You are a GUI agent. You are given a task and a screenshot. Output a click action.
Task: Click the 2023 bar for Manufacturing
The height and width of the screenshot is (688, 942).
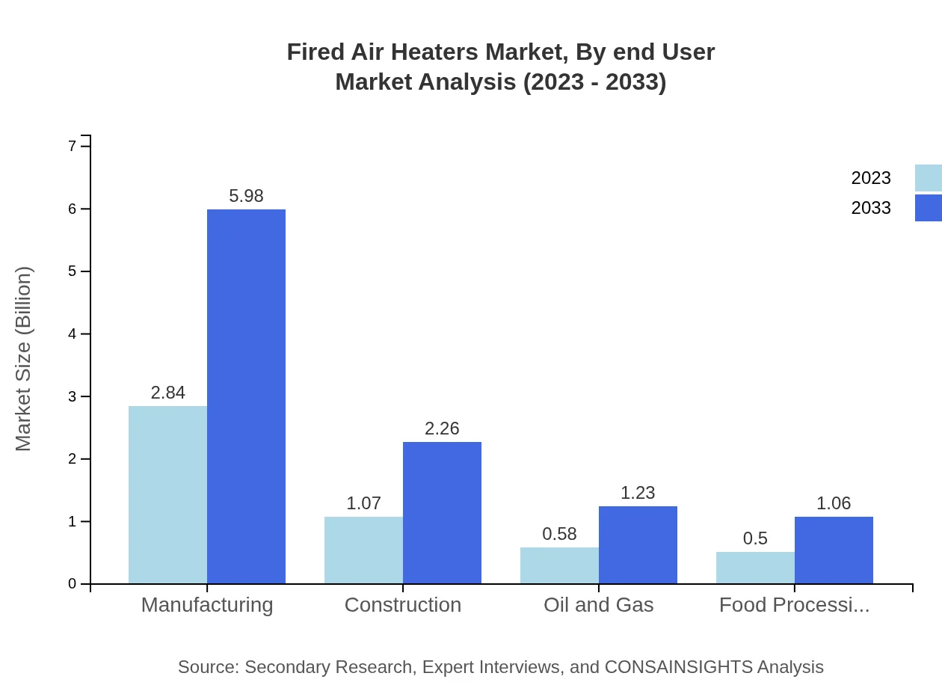pos(167,494)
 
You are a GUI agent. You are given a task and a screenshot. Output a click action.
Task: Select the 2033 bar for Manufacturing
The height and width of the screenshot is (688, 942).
pos(246,396)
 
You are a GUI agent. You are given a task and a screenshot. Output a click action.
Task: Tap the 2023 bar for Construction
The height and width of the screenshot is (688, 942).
pos(363,550)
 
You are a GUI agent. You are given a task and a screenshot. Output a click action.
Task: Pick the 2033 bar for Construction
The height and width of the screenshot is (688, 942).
pos(442,512)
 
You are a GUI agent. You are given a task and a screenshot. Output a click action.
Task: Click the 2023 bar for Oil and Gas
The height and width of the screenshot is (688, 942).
pos(559,565)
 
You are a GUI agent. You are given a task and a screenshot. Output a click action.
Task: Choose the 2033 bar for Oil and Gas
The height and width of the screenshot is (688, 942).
pos(638,544)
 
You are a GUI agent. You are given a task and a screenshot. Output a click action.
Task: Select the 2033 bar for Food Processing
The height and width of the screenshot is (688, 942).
pos(834,550)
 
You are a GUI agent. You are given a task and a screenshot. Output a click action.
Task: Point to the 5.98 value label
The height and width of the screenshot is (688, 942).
pos(246,196)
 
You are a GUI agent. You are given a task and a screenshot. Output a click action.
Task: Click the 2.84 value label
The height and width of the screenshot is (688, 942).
pos(167,393)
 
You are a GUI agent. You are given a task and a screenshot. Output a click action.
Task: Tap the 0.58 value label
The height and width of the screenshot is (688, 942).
pos(559,534)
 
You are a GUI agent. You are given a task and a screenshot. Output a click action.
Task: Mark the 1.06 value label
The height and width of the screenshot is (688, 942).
pos(834,503)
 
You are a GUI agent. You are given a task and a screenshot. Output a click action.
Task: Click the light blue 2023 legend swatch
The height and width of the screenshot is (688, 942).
pos(928,178)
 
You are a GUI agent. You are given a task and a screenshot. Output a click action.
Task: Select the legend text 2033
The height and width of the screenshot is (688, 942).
pos(871,208)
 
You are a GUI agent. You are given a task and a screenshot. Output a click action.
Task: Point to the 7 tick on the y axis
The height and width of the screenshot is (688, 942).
pos(73,146)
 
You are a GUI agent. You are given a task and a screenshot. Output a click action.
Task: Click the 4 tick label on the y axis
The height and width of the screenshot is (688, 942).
pos(73,334)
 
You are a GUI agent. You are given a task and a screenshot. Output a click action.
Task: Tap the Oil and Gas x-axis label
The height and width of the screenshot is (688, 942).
pos(598,605)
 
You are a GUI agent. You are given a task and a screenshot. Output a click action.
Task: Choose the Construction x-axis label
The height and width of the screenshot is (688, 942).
pos(402,605)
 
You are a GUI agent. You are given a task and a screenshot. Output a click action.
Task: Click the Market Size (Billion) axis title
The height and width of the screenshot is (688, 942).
pos(24,359)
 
